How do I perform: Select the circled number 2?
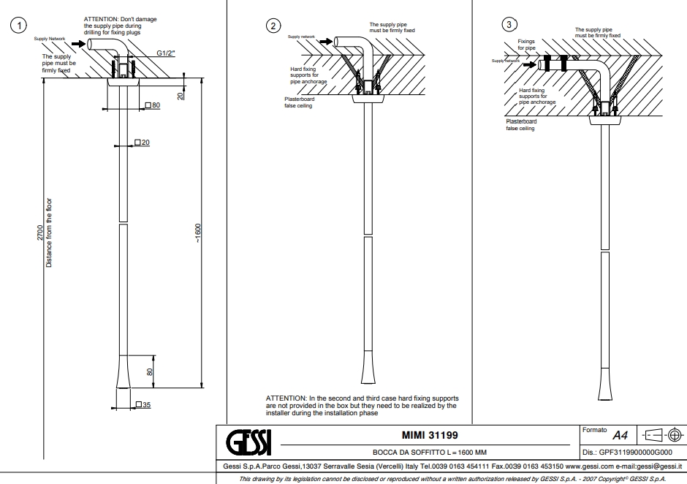273,26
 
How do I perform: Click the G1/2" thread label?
166,53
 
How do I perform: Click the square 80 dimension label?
153,106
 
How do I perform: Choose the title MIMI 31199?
430,436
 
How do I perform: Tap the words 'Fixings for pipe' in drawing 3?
527,45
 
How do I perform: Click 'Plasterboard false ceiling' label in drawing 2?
300,102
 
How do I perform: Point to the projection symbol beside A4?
662,435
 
